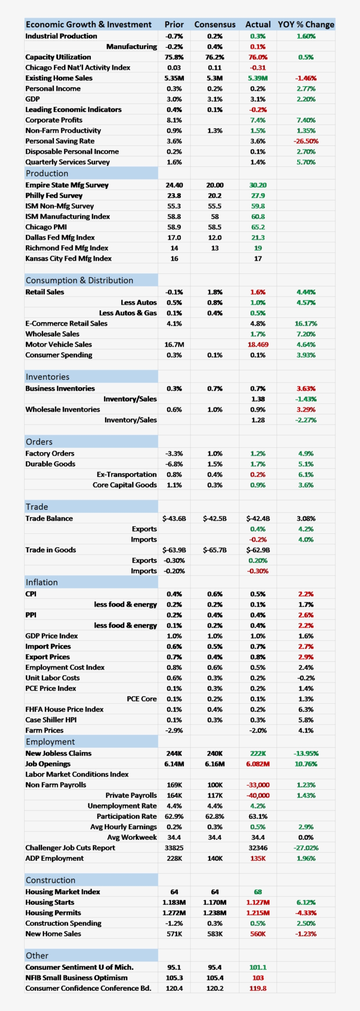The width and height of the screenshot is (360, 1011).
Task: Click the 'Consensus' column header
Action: (215, 25)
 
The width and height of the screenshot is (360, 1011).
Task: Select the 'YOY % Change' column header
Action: (306, 25)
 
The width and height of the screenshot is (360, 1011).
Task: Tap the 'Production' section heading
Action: (47, 173)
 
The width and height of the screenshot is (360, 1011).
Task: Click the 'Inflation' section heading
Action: (42, 582)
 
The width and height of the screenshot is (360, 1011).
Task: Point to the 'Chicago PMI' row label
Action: (46, 227)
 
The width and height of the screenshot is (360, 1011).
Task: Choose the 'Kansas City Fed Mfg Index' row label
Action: (68, 259)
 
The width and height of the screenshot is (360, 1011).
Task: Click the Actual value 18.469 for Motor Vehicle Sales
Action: (258, 345)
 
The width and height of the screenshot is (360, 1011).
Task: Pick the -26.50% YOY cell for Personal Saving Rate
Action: (306, 141)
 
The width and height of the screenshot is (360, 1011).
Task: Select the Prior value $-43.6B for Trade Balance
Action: (174, 518)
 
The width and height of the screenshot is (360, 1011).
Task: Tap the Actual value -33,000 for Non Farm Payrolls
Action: (258, 785)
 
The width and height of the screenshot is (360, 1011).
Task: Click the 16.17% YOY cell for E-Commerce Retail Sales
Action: (306, 324)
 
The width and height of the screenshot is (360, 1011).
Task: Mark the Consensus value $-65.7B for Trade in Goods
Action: (215, 550)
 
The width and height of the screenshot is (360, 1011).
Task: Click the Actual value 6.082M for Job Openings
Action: (258, 764)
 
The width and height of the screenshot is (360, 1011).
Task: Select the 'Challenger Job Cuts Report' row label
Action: (70, 848)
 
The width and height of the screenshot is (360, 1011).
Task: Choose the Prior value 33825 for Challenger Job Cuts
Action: (174, 848)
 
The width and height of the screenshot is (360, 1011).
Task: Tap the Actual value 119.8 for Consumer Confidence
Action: (258, 988)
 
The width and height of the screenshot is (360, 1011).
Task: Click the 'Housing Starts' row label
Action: (50, 902)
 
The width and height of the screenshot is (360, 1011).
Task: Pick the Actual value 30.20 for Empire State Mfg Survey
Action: (258, 185)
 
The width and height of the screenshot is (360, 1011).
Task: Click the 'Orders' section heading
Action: (39, 442)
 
